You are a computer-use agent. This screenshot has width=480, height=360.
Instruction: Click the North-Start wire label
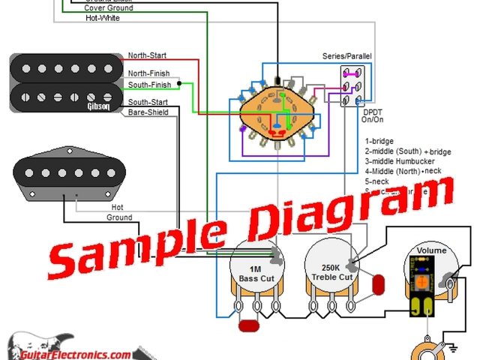(147, 56)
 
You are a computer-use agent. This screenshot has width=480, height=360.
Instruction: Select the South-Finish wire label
(149, 85)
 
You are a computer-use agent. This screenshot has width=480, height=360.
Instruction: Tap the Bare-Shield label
(148, 112)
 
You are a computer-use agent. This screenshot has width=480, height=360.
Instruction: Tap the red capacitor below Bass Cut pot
(248, 325)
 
